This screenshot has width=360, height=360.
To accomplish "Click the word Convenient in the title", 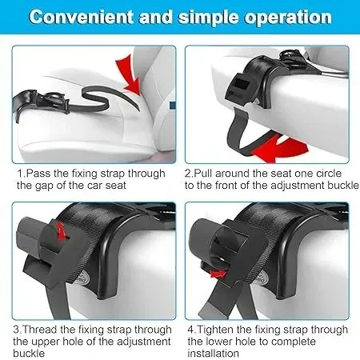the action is (82, 17).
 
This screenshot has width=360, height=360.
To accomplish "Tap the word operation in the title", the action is (289, 18).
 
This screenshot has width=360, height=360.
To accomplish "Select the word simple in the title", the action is (208, 18).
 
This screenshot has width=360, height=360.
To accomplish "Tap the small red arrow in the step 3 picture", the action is (62, 231).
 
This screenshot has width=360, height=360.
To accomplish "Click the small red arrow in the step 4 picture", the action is (218, 274).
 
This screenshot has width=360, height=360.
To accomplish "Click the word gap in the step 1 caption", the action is (46, 186).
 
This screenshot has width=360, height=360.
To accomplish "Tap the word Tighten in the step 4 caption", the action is (214, 330).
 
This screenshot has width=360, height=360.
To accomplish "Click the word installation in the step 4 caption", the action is (213, 353).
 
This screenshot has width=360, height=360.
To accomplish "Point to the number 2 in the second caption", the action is (188, 174).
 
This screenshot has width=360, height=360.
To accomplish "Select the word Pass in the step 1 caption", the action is (38, 174).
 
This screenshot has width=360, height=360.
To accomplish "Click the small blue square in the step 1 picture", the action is (173, 105).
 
